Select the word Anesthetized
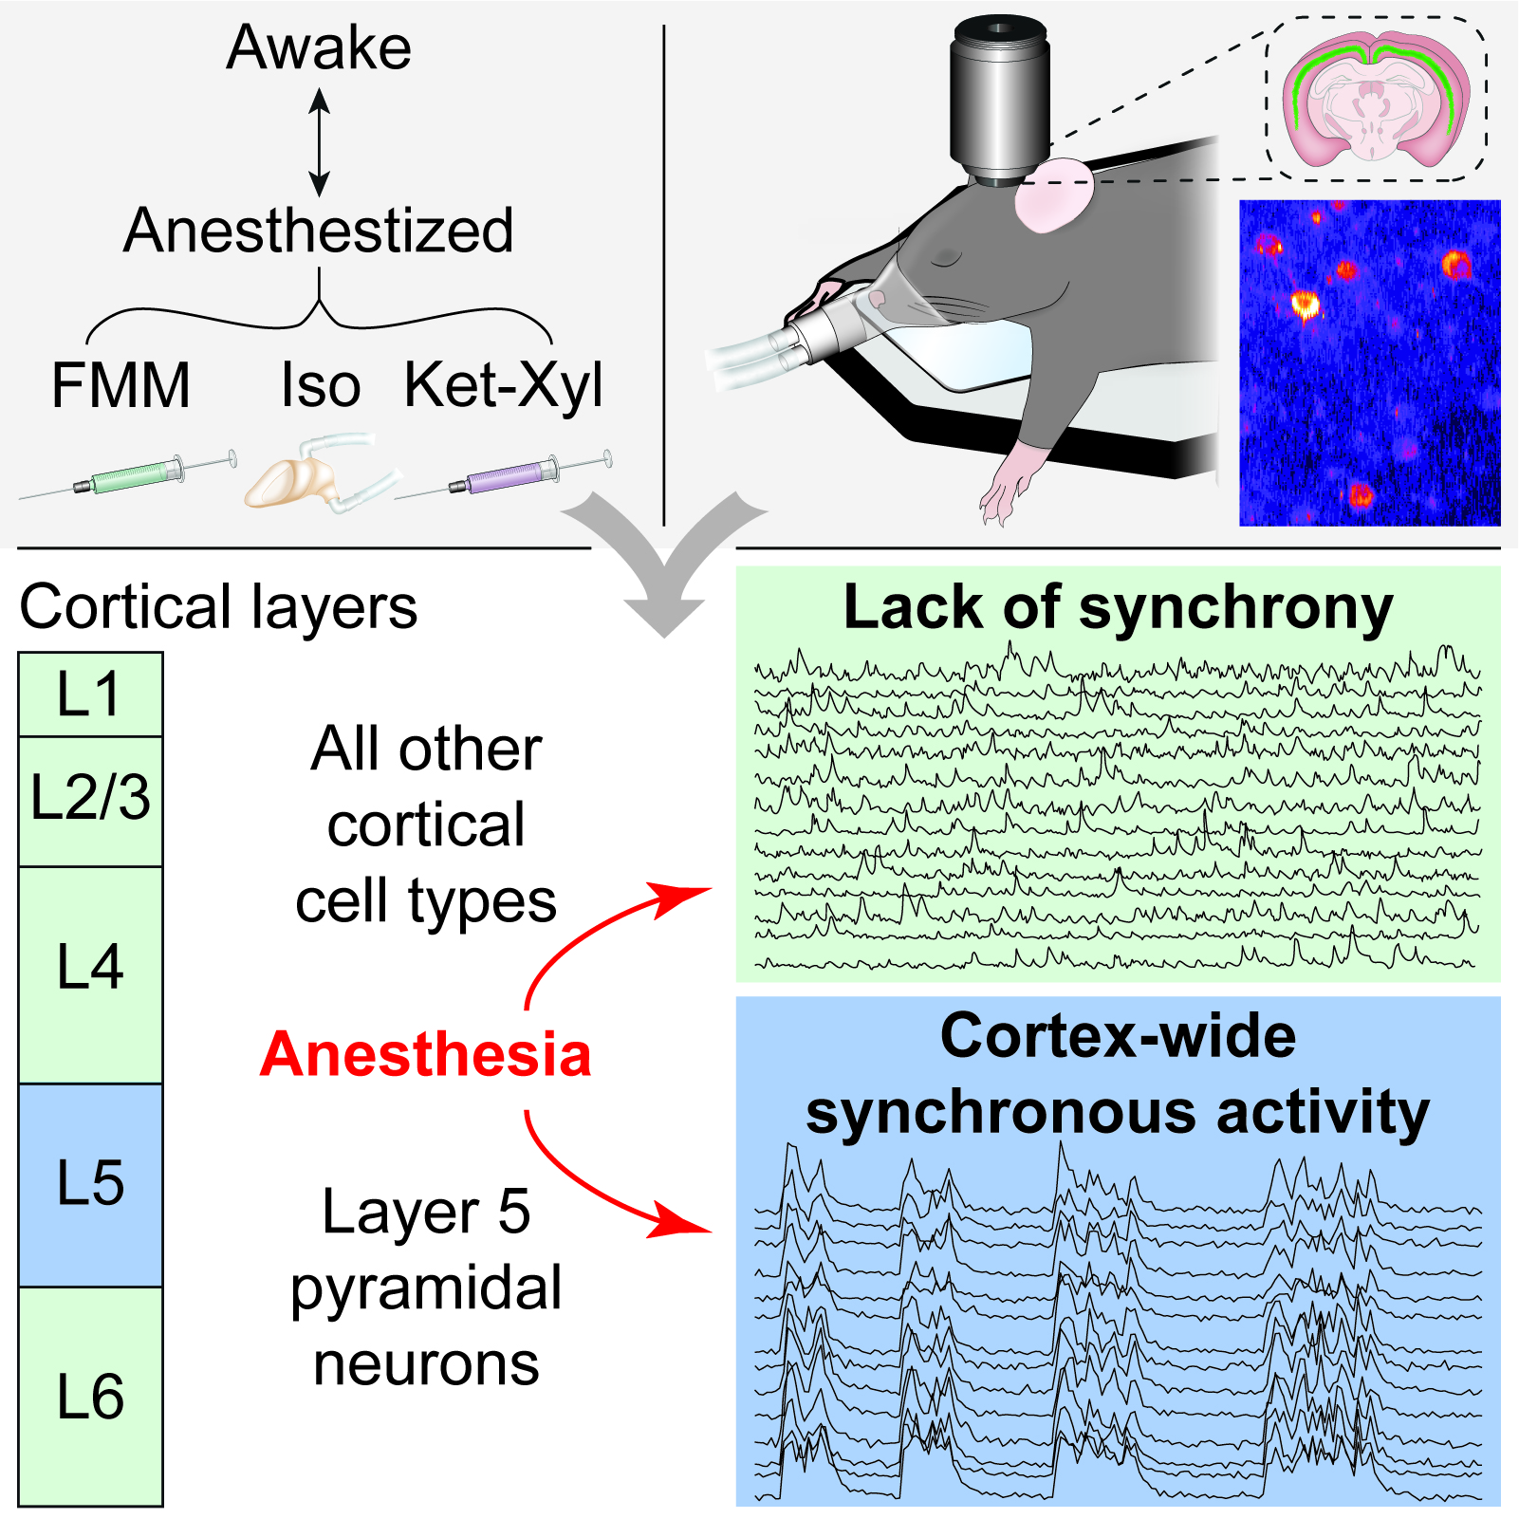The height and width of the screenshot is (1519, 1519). coord(319,231)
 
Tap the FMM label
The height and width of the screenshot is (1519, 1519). coord(120,385)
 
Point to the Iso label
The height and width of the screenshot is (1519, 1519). coord(321,386)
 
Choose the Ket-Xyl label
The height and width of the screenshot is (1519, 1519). coord(503,386)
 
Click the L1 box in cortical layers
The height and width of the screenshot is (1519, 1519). coord(90,695)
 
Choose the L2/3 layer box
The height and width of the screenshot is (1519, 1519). coord(90,800)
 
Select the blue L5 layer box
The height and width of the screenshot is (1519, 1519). coord(90,1184)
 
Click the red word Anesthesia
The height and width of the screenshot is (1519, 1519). coord(425,1055)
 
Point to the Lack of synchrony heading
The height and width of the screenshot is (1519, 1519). coord(1118,607)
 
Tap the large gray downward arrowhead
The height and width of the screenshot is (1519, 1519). coord(664,569)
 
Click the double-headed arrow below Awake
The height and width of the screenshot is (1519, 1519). coord(320,142)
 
